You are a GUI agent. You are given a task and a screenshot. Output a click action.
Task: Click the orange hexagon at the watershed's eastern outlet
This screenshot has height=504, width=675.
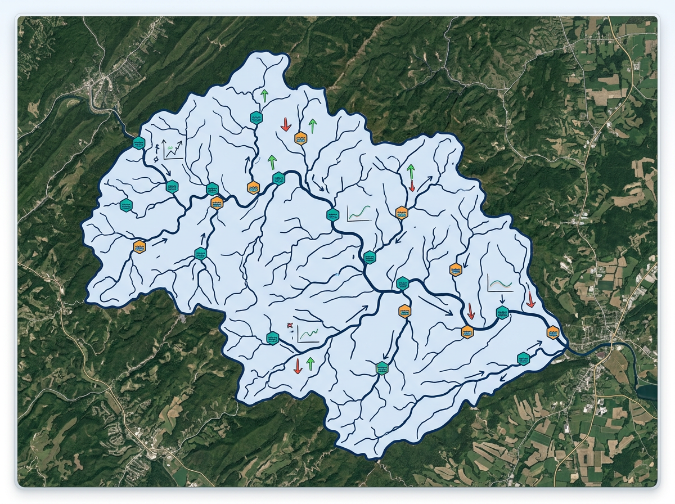(x=553, y=332)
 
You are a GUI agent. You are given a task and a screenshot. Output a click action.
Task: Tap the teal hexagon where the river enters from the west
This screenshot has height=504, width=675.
(x=139, y=143)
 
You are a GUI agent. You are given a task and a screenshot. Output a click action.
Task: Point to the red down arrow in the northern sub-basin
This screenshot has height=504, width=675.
(x=286, y=124)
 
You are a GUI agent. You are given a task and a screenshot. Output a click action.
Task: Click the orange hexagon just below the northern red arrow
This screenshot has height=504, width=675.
(x=301, y=138)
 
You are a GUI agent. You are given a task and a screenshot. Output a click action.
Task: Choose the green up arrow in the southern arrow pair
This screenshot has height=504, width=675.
(x=310, y=363)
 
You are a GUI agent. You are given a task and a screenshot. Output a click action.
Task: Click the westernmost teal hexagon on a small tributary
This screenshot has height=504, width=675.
(x=125, y=205)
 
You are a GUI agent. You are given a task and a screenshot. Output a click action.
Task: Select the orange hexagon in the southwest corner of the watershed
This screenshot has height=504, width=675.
(x=139, y=246)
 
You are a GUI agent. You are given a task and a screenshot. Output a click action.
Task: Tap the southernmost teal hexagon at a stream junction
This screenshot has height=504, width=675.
(x=382, y=368)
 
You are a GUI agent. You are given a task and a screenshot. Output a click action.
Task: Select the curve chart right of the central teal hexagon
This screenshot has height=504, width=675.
(x=359, y=213)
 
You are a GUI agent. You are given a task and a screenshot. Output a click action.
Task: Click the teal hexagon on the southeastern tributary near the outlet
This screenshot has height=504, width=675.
(x=524, y=358)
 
